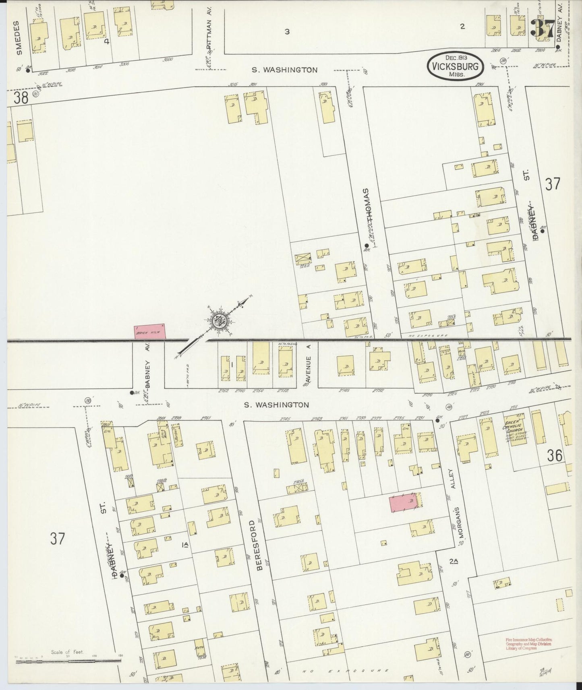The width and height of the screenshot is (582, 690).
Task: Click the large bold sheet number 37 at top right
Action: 543,29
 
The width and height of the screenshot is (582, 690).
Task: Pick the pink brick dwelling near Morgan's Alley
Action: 404,503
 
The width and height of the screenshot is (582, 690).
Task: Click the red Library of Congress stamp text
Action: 529,643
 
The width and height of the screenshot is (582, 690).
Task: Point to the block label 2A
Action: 455,561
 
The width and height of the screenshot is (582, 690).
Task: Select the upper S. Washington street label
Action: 284,70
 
